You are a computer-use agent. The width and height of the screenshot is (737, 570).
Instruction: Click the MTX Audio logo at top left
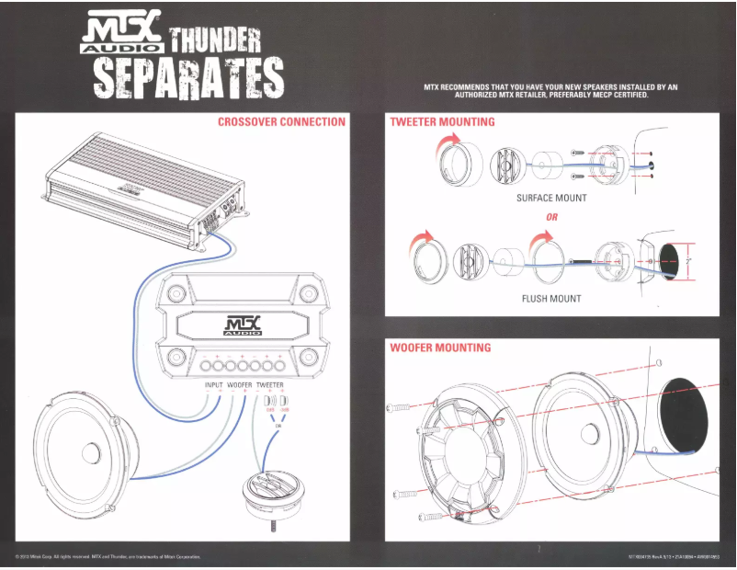[x=121, y=34]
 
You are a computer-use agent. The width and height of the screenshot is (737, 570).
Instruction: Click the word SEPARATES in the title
[x=188, y=78]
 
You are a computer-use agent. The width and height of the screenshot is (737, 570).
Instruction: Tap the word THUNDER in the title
[x=215, y=39]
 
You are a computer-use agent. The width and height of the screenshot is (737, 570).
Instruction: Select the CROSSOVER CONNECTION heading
[x=281, y=121]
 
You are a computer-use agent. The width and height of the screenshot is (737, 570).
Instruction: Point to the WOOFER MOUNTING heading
[x=440, y=348]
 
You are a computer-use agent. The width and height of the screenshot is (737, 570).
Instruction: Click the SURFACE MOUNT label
[x=551, y=198]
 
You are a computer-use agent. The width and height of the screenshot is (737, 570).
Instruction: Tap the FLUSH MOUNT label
[x=551, y=299]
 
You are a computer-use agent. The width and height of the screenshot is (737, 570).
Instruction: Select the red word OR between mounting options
[x=551, y=218]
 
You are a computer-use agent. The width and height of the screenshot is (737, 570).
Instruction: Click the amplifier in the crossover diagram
[x=138, y=184]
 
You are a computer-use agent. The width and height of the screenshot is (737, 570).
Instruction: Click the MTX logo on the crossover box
[x=242, y=325]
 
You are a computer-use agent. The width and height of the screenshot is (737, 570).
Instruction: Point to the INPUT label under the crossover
[x=214, y=384]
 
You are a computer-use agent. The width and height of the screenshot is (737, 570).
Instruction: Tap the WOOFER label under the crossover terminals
[x=240, y=384]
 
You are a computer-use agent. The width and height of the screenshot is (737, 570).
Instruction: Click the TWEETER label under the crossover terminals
[x=269, y=384]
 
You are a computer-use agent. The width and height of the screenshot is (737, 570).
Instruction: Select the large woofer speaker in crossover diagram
[x=89, y=450]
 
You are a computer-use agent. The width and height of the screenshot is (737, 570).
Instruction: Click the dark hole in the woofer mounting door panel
[x=687, y=414]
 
